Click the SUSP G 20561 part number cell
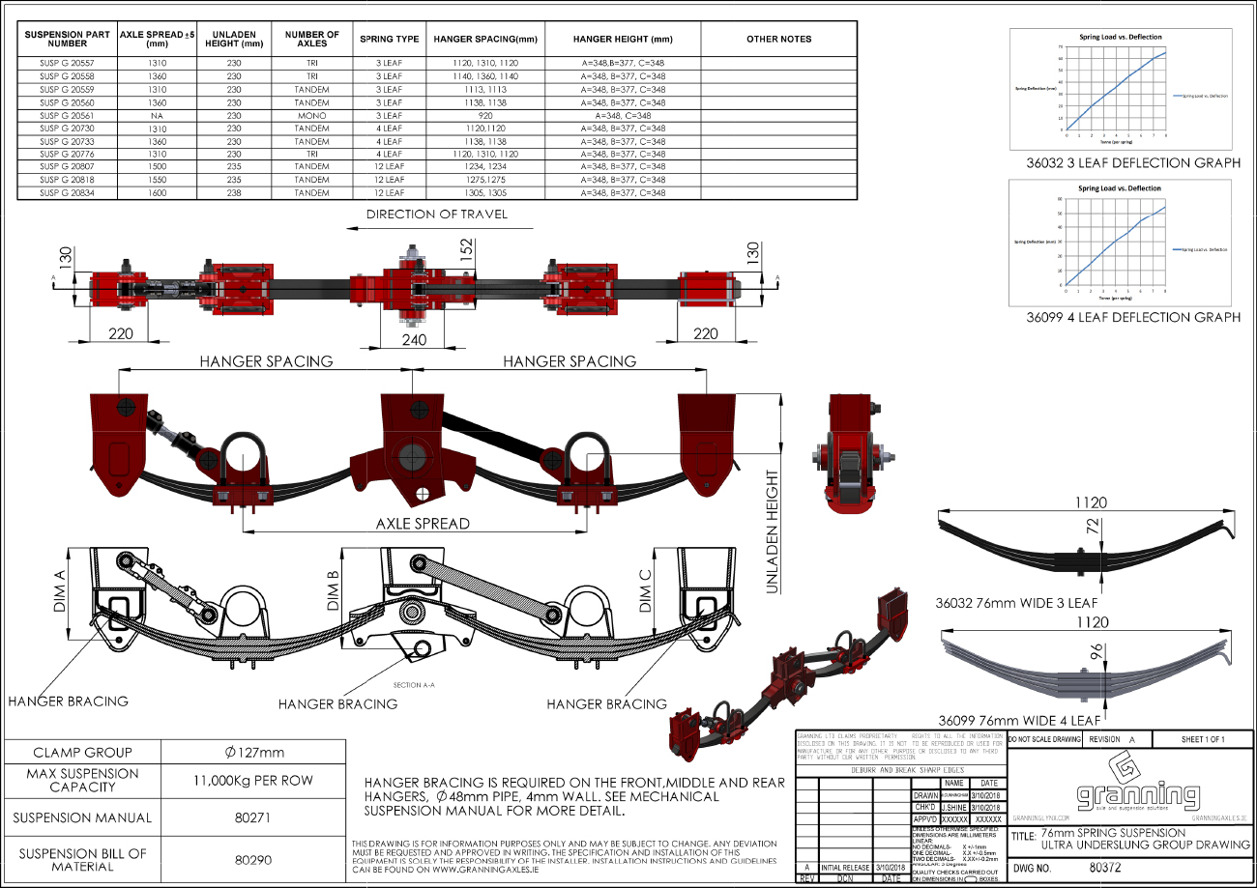[x=67, y=115]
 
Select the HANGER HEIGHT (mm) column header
[x=622, y=40]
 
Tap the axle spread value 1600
[x=157, y=193]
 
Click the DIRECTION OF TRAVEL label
[x=435, y=214]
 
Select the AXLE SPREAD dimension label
[x=423, y=524]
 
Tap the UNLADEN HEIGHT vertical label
[x=772, y=531]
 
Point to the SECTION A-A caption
[x=414, y=685]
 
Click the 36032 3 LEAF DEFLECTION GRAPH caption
[x=1132, y=163]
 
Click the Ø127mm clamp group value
[x=251, y=753]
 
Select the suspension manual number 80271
[x=251, y=817]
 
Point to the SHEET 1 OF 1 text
[x=1202, y=739]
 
